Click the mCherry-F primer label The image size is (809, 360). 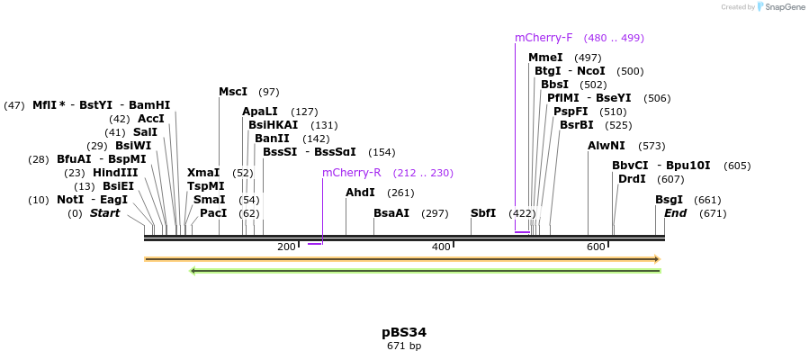544,38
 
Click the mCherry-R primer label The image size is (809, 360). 352,173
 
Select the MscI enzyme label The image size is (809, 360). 233,92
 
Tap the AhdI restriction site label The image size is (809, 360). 360,193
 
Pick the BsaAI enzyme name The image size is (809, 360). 391,213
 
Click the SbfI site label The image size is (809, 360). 483,213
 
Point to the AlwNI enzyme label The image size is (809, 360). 607,146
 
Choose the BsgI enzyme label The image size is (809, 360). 669,200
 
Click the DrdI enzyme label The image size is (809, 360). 632,179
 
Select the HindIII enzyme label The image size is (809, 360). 115,173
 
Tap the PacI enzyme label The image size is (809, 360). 213,213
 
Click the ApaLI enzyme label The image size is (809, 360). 260,112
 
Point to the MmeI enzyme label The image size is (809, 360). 545,58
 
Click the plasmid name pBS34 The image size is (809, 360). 404,332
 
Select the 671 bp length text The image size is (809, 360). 404,346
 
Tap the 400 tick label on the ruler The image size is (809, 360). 441,247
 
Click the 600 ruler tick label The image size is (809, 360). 596,247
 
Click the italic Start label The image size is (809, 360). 105,213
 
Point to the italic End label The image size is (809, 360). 676,213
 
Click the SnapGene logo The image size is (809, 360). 781,7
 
